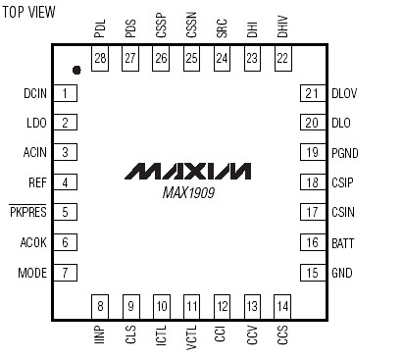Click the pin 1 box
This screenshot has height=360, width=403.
[x=66, y=93]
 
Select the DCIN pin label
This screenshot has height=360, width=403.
[x=33, y=93]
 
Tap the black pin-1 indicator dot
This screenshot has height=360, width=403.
[x=76, y=70]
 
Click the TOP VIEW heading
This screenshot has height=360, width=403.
[x=28, y=13]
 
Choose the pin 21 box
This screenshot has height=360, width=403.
[x=312, y=93]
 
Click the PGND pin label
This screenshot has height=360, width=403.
[x=346, y=153]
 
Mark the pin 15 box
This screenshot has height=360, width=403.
[x=312, y=272]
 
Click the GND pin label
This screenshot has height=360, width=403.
[x=341, y=272]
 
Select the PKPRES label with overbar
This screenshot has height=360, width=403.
[x=28, y=212]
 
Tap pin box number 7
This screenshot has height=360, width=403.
[x=66, y=272]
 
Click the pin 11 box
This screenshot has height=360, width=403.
[x=191, y=305]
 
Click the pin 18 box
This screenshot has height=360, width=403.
[x=312, y=182]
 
